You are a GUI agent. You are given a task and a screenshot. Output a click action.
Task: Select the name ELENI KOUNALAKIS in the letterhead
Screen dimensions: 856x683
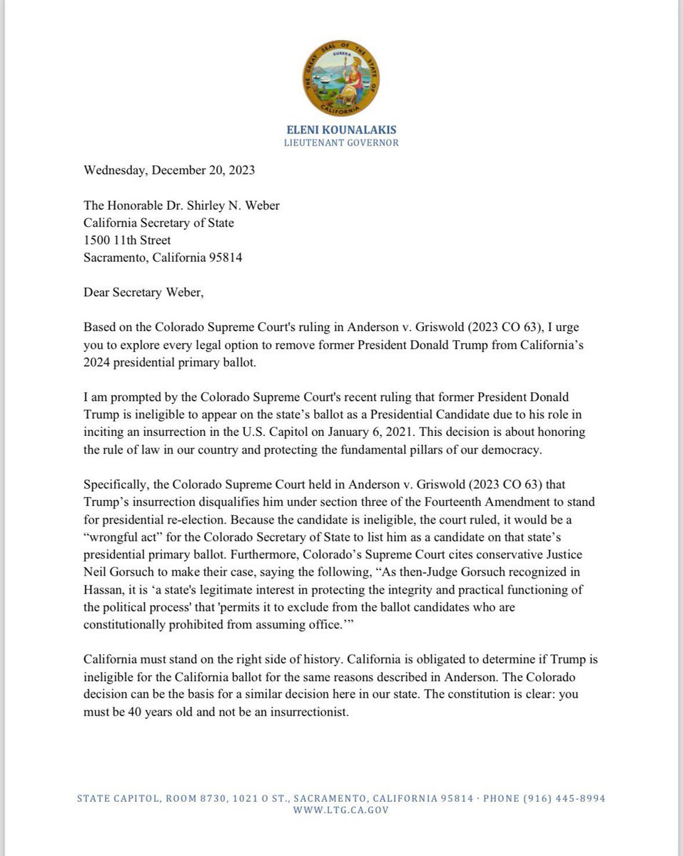341,131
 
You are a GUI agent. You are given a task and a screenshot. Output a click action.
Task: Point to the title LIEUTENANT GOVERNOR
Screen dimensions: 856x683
341,143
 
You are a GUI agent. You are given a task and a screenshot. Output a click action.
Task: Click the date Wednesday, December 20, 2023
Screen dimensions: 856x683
169,170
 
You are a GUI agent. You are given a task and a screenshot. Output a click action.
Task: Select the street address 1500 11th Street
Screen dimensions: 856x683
127,240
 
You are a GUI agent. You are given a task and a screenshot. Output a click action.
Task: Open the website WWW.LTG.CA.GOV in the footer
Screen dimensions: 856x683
341,810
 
